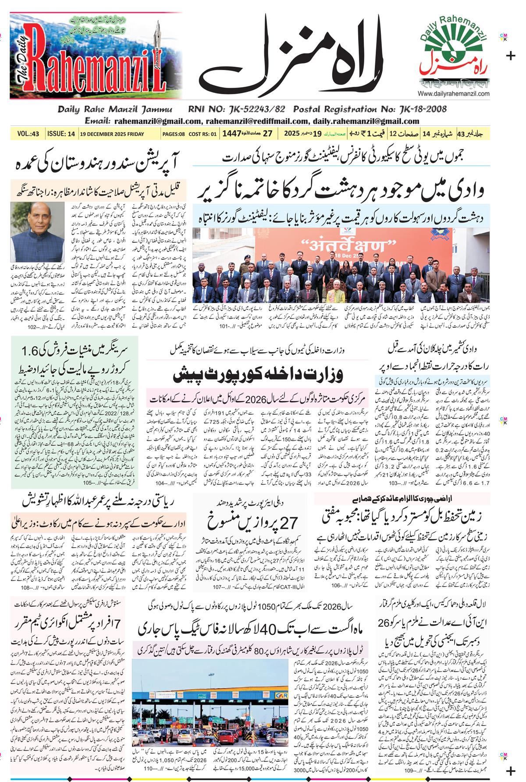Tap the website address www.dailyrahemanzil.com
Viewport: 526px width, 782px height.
coord(454,94)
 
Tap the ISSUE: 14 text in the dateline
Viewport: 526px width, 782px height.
coord(61,134)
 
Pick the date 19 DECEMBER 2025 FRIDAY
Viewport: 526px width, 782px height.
coord(112,134)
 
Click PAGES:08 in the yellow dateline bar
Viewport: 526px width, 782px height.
coord(173,134)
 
